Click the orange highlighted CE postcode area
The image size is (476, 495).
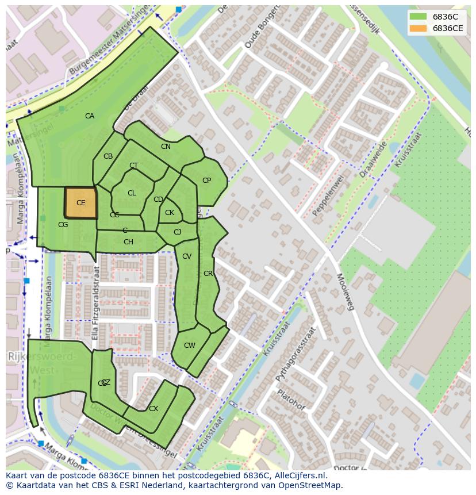(80, 203)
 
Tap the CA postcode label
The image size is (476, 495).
(90, 116)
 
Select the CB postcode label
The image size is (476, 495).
(108, 156)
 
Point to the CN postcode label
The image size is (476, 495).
(166, 147)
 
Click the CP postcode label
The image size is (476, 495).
(206, 181)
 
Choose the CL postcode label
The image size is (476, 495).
(132, 193)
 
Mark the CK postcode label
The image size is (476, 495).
(170, 213)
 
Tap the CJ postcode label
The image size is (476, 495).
(178, 232)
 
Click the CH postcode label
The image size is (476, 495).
(128, 242)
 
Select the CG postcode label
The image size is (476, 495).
(63, 225)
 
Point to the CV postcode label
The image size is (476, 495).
(187, 256)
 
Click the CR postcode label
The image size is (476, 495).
(208, 274)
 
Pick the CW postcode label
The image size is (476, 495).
(190, 346)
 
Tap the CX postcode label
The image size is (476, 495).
(153, 409)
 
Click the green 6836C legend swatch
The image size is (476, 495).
(418, 16)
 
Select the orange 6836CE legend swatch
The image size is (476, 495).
(418, 28)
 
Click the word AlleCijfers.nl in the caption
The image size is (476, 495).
(299, 475)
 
